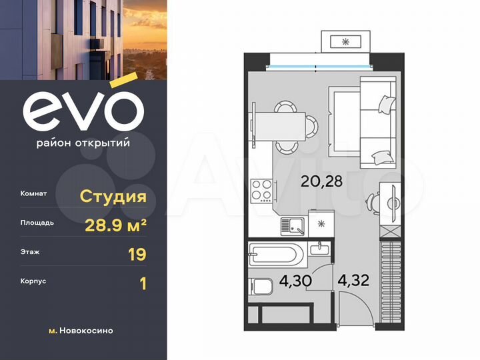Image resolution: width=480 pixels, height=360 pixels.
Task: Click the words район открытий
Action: click(x=83, y=142)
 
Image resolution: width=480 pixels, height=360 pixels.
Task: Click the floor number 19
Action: click(x=137, y=253)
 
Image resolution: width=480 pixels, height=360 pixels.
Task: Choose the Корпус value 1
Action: click(x=141, y=283)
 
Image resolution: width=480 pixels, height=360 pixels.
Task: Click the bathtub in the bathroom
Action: click(x=276, y=254)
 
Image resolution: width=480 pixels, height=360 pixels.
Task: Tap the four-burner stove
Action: click(x=261, y=190)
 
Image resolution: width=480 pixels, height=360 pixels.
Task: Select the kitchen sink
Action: click(x=293, y=227)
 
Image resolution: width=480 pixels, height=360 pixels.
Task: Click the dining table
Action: click(x=279, y=125)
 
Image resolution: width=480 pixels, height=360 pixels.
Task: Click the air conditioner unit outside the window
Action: click(x=345, y=41)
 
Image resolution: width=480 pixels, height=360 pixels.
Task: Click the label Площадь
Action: click(x=37, y=224)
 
